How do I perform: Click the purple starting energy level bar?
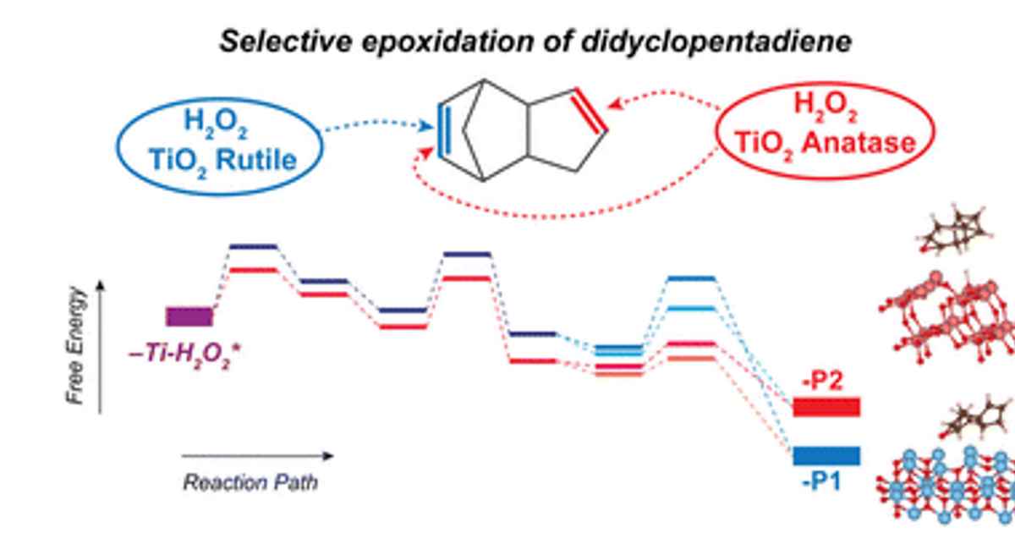tap(189, 317)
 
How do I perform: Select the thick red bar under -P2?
tap(826, 408)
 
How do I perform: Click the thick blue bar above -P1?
tap(826, 456)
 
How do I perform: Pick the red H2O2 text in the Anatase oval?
tap(819, 107)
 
